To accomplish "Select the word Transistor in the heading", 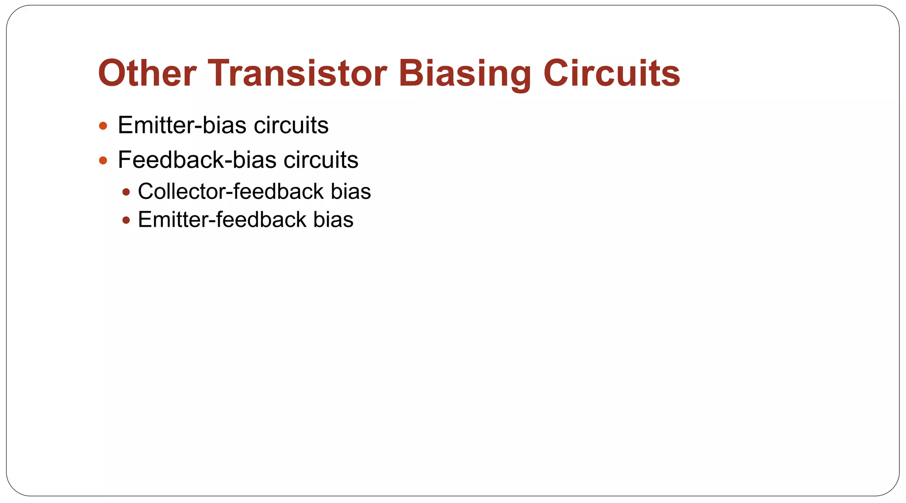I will [x=297, y=73].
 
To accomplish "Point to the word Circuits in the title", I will [x=611, y=73].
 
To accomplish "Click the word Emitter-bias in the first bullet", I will [x=182, y=125].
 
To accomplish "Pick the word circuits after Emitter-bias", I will [x=291, y=125].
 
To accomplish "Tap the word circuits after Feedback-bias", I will [x=321, y=160].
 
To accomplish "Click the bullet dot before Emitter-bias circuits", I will [x=103, y=126].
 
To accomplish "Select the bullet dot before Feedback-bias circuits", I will [x=103, y=160].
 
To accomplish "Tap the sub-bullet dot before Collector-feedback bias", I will [x=127, y=192].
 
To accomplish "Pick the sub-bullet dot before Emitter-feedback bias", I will [x=127, y=220].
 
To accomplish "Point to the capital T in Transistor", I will [x=221, y=73].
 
